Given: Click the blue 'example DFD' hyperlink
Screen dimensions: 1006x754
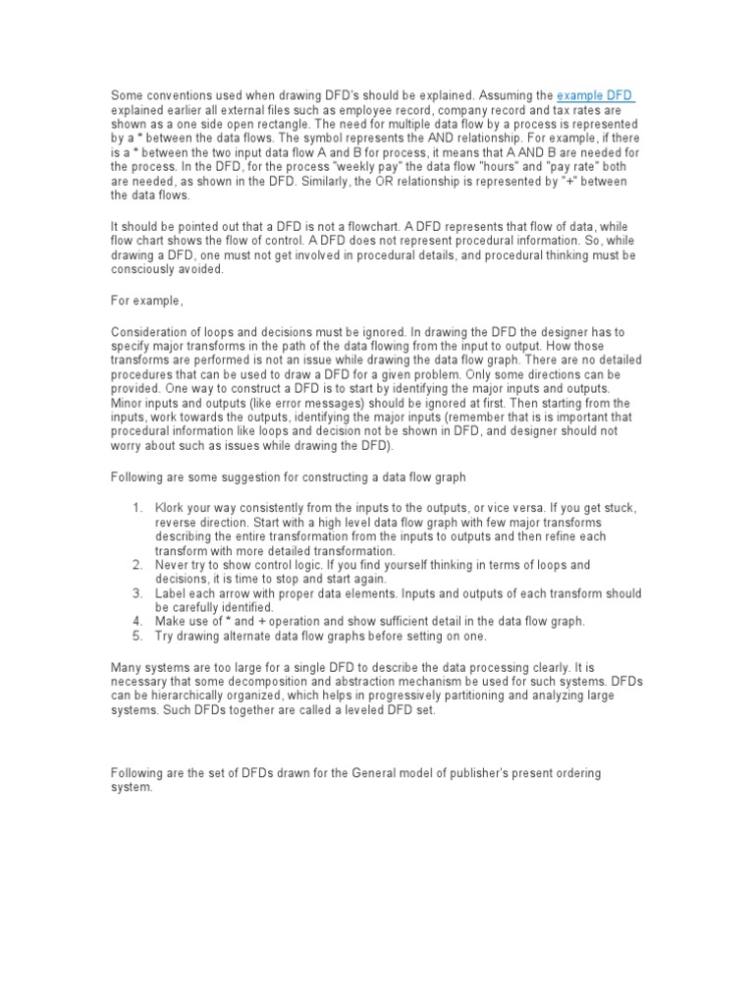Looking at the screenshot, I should click(x=595, y=95).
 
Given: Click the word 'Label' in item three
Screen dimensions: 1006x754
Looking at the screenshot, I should click(x=171, y=593).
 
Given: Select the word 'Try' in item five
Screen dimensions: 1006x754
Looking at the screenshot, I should click(x=164, y=636).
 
